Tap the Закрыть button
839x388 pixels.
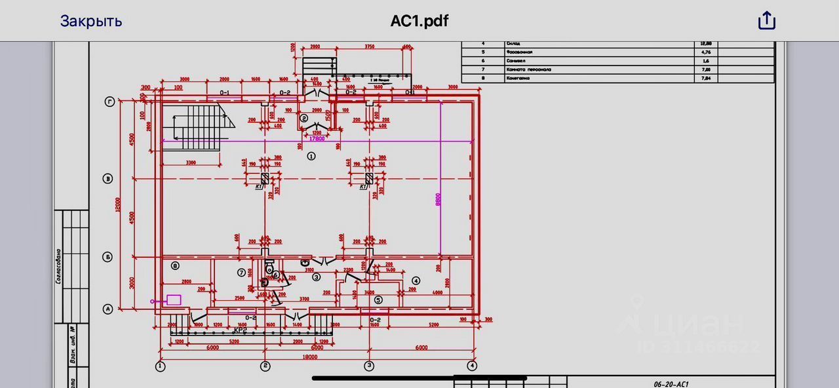point(91,21)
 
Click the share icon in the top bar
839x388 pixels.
point(766,21)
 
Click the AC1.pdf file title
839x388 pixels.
point(419,21)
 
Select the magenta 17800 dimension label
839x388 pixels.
point(317,138)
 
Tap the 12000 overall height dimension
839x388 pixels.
point(118,206)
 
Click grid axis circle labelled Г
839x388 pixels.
point(110,102)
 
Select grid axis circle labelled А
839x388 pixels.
point(109,309)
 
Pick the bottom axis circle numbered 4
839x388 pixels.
point(471,366)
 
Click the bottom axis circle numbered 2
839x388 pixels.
point(265,366)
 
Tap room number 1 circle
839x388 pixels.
point(311,156)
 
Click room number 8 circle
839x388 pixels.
point(175,265)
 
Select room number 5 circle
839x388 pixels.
point(378,300)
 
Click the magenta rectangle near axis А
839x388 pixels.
point(174,300)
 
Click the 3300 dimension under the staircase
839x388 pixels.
point(191,161)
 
